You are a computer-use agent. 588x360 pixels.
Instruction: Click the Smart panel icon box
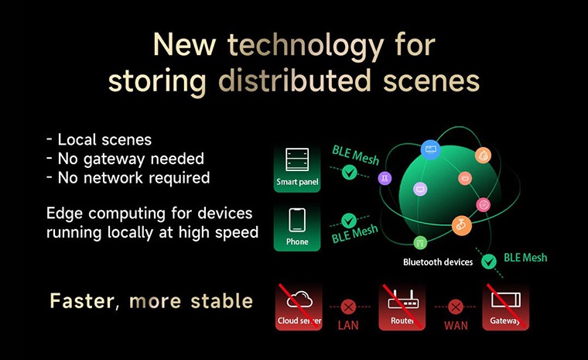pyautogui.click(x=297, y=169)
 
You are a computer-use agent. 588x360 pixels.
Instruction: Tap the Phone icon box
pyautogui.click(x=297, y=228)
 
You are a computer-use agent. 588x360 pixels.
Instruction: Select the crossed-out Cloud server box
pyautogui.click(x=299, y=307)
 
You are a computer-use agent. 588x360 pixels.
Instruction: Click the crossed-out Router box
pyautogui.click(x=402, y=307)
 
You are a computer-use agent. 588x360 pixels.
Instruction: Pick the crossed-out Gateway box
pyautogui.click(x=505, y=307)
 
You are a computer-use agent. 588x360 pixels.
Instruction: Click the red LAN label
pyautogui.click(x=348, y=325)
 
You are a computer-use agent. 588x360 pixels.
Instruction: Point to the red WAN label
pyautogui.click(x=456, y=325)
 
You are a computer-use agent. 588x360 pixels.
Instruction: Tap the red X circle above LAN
pyautogui.click(x=348, y=307)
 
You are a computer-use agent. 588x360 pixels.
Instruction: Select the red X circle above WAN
pyautogui.click(x=456, y=307)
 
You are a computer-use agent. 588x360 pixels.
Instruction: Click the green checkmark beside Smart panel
pyautogui.click(x=350, y=173)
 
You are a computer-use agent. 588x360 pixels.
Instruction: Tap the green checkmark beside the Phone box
pyautogui.click(x=349, y=221)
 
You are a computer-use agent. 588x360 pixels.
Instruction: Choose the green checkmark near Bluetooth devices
pyautogui.click(x=489, y=262)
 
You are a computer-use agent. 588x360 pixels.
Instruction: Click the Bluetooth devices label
pyautogui.click(x=438, y=262)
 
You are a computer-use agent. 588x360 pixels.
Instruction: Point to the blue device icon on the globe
pyautogui.click(x=430, y=149)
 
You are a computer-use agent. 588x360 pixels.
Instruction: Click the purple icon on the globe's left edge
pyautogui.click(x=385, y=178)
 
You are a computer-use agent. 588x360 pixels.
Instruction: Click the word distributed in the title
pyautogui.click(x=295, y=81)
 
